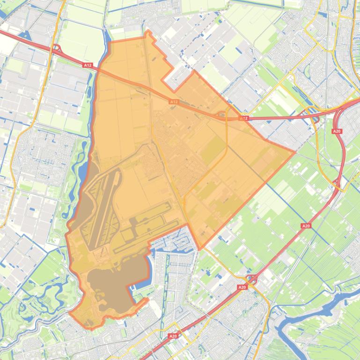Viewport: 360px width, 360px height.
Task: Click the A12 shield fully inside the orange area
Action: click(x=174, y=101)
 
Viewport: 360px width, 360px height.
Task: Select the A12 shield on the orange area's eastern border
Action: click(x=243, y=118)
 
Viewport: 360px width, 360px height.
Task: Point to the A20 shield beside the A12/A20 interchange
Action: click(x=337, y=131)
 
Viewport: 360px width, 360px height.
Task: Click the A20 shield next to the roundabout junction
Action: click(x=242, y=287)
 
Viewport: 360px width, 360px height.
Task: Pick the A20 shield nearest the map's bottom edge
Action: click(x=173, y=336)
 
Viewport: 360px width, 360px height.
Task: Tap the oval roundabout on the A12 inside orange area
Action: click(x=221, y=114)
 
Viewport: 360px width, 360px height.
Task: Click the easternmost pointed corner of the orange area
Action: click(x=294, y=151)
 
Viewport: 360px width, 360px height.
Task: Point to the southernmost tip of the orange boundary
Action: click(x=92, y=328)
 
